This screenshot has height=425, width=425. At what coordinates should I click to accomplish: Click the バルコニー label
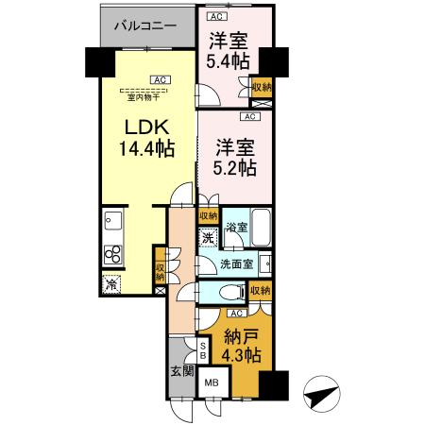(144, 26)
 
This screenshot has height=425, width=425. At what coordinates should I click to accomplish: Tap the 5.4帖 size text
(229, 61)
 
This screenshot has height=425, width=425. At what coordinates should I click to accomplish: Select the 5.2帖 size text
(234, 168)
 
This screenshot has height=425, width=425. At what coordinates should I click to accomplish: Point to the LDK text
(145, 127)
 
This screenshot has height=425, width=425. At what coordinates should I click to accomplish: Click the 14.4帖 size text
(145, 148)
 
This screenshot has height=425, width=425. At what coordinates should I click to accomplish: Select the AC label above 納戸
(236, 312)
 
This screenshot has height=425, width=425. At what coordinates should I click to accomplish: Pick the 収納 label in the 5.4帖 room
(262, 87)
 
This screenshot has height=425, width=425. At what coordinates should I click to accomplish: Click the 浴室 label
(236, 228)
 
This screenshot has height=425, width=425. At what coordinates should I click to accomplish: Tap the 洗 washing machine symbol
(210, 238)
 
